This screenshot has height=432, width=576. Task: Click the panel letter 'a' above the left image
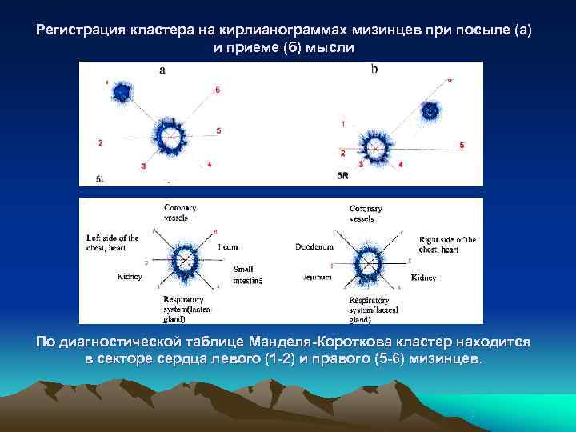pos(162,70)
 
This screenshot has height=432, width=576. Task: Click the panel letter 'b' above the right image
pos(374,70)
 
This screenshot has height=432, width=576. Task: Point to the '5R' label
pos(342,174)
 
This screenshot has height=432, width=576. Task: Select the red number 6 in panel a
pos(217,90)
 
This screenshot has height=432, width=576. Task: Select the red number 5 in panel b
pos(462,145)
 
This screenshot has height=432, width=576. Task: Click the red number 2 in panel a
pos(100,143)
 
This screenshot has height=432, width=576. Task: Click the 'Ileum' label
pos(227,247)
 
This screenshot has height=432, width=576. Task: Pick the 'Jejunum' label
pos(318,277)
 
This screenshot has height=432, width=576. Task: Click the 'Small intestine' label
pos(242,275)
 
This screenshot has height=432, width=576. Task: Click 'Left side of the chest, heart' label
pos(113,242)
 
